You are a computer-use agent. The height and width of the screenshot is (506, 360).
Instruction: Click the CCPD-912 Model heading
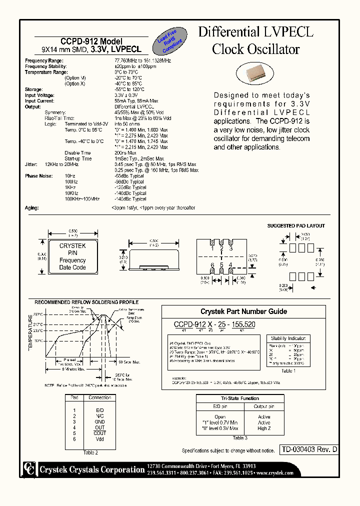tap(91, 41)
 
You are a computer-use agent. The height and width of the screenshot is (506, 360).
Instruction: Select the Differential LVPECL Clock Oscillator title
tap(255, 40)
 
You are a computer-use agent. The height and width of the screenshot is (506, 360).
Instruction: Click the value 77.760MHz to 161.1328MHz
tap(142, 60)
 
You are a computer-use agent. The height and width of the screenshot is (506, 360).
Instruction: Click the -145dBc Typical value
tap(130, 199)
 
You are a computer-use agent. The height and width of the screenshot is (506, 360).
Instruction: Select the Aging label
tap(31, 207)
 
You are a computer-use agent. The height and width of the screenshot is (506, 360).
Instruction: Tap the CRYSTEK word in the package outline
tap(72, 246)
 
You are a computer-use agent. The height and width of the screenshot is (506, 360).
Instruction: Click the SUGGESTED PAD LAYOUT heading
tap(296, 226)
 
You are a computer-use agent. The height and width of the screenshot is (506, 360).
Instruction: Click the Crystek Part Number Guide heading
tap(243, 311)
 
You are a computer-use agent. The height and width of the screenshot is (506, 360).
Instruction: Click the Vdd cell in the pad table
tap(100, 438)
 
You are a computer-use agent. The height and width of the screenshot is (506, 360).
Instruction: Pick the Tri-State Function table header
tap(240, 398)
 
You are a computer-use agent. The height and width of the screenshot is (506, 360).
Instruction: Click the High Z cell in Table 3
tap(264, 429)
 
